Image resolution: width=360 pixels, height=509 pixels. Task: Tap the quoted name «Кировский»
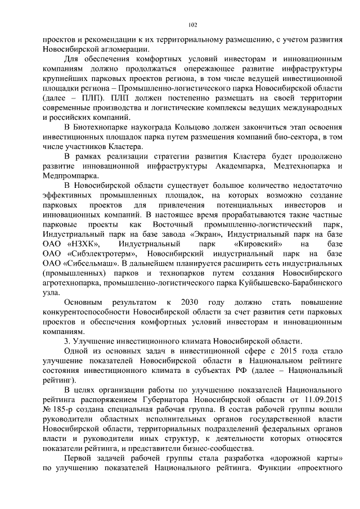(x=258, y=244)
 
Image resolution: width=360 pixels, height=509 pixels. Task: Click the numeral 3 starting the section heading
(x=66, y=341)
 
